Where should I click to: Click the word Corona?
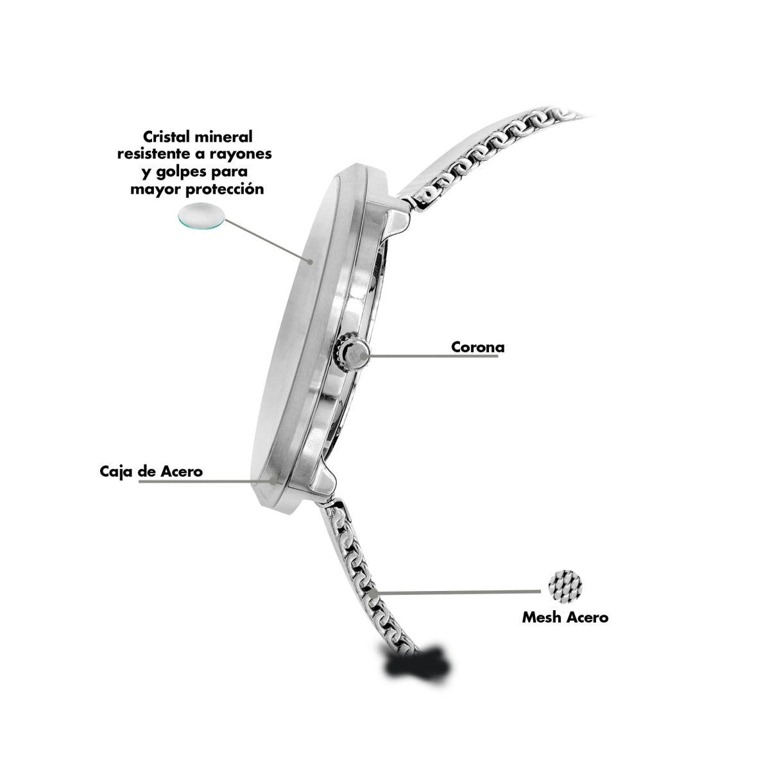(x=477, y=347)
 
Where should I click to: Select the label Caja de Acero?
(x=151, y=472)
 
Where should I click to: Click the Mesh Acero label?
(x=565, y=617)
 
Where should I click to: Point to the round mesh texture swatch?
(x=565, y=586)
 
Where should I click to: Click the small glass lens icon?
(x=201, y=216)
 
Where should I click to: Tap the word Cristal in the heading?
(x=168, y=137)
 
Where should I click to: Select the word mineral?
(x=225, y=137)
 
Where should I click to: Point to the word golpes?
(x=179, y=173)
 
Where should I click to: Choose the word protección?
(x=225, y=189)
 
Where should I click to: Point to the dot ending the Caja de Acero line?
(x=273, y=481)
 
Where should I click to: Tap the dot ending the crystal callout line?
(x=310, y=262)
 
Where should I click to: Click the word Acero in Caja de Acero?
(x=182, y=472)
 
